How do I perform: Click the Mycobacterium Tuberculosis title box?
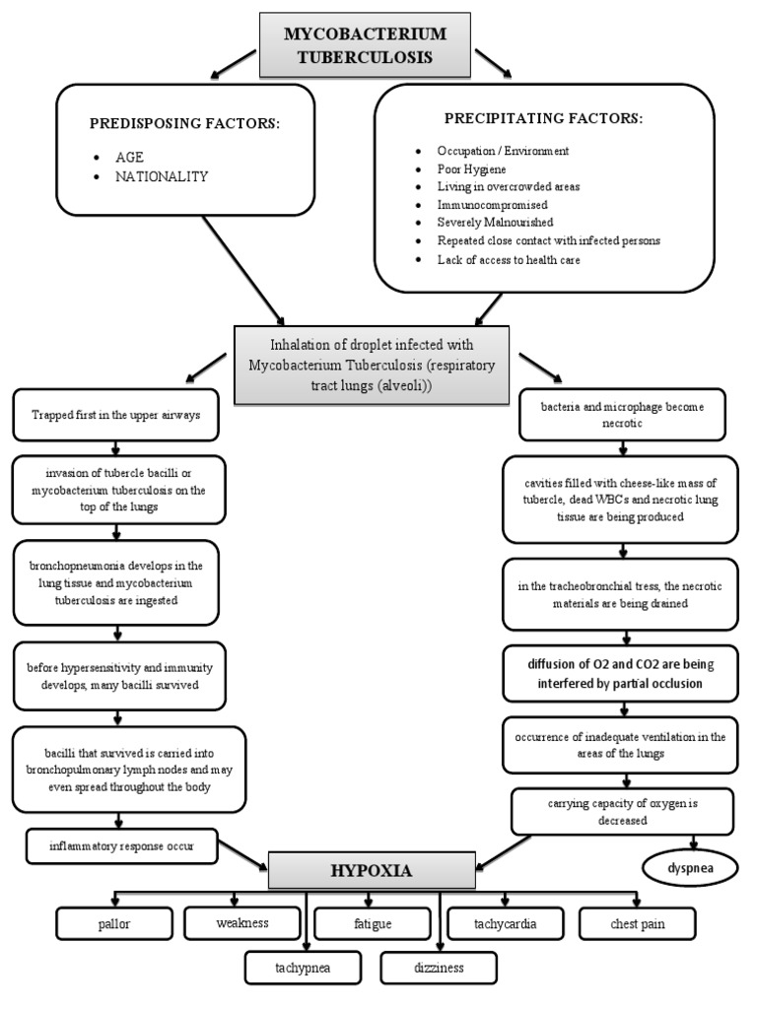365,45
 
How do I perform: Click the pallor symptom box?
114,924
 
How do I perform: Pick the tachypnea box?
302,968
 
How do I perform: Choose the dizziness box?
438,968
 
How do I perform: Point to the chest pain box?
637,923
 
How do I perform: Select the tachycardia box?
506,923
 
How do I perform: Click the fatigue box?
373,924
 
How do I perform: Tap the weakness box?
241,923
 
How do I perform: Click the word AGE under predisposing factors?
130,157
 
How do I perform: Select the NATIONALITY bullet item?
162,176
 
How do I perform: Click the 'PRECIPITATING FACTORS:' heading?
543,119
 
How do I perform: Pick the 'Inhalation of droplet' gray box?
372,363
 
